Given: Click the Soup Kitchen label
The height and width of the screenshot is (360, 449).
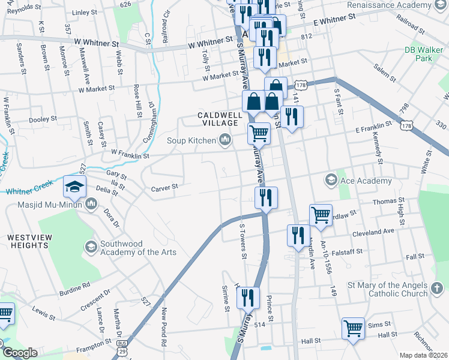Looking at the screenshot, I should coord(190,141).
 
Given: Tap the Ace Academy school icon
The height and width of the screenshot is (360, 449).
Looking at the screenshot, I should coord(331,180).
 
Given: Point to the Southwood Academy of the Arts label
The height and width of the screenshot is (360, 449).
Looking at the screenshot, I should coord(138,248).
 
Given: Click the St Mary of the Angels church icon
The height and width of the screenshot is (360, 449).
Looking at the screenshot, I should coord(437,288).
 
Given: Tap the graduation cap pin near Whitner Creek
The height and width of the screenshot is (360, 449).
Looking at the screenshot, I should coord(75,187).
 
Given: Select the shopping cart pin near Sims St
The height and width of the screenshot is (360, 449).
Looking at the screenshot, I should coord(353,328).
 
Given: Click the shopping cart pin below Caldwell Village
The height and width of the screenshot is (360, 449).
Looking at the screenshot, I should coord(259,133).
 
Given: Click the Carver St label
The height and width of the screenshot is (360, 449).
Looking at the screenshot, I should coord(164,187).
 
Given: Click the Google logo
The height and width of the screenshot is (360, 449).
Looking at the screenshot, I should coord(20,353).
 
